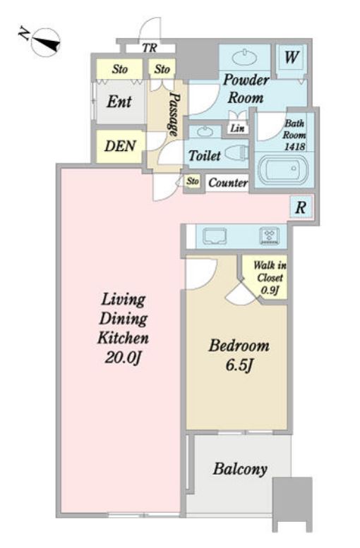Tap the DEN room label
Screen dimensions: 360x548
tap(120, 146)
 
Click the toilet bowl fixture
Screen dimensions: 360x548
tap(236, 153)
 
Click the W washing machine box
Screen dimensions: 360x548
tap(292, 57)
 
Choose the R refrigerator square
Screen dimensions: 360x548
tap(301, 207)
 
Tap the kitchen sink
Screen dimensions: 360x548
tap(215, 236)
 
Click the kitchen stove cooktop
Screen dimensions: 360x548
tap(269, 236)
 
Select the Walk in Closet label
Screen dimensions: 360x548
tap(270, 272)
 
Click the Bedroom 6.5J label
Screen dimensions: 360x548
tap(239, 355)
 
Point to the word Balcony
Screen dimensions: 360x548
tap(240, 469)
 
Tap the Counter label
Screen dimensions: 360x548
tap(228, 183)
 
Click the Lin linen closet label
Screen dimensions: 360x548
tap(238, 128)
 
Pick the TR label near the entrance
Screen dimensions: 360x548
tap(150, 47)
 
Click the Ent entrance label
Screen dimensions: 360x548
tap(119, 102)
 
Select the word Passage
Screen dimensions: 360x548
tap(173, 114)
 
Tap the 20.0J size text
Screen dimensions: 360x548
tap(122, 358)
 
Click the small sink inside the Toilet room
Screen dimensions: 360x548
tap(204, 132)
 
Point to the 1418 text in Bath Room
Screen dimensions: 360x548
tap(294, 147)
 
